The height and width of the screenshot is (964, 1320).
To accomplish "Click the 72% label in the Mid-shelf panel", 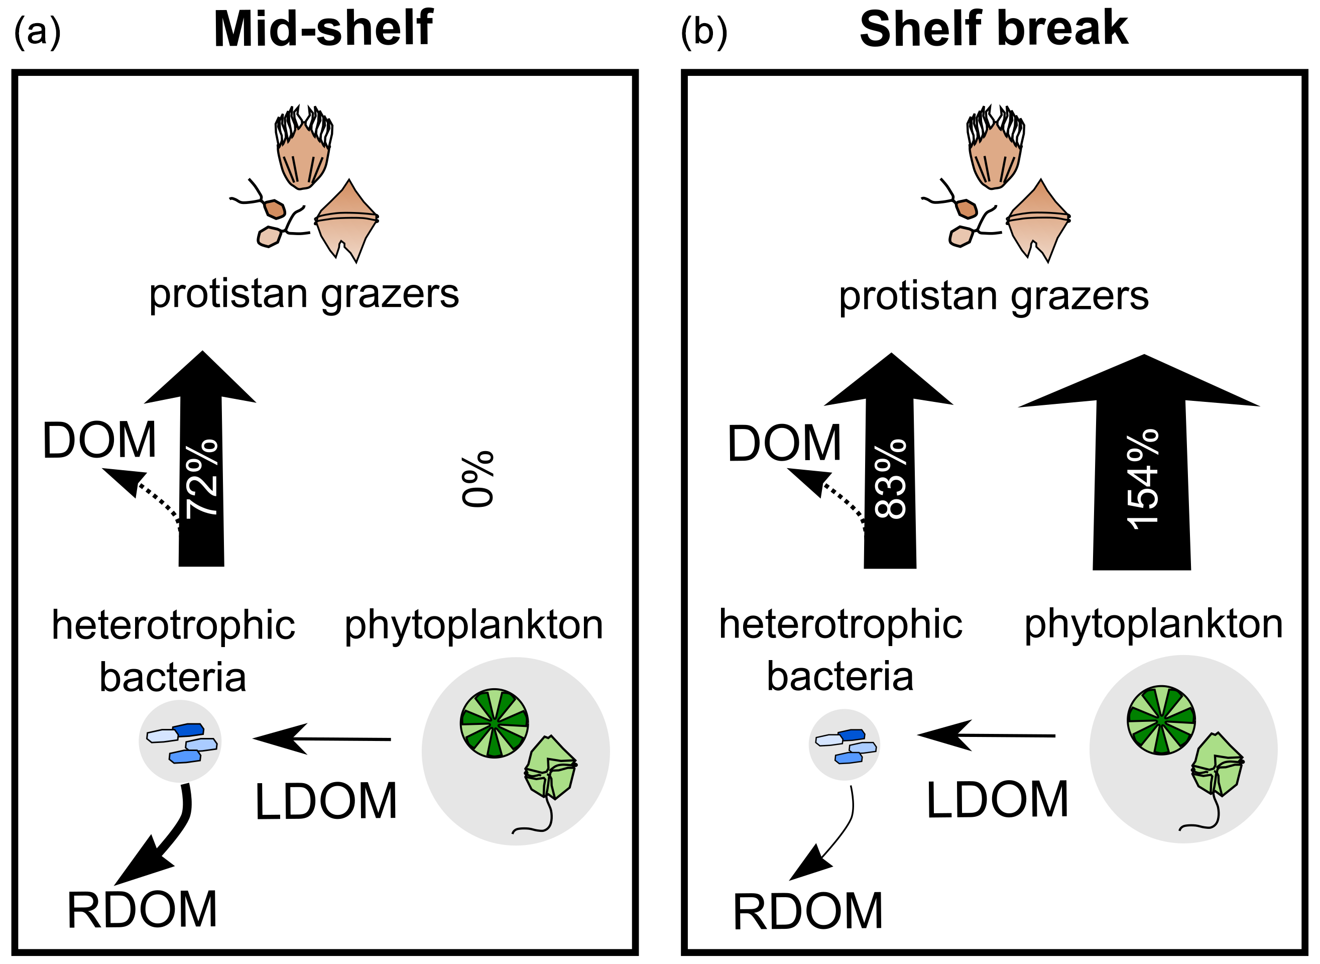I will pyautogui.click(x=202, y=479).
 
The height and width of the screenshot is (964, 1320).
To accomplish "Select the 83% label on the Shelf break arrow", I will pyautogui.click(x=891, y=479).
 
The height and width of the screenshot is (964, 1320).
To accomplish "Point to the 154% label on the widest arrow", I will pyautogui.click(x=1143, y=480).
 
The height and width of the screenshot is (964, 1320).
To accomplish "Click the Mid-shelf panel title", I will pyautogui.click(x=323, y=29).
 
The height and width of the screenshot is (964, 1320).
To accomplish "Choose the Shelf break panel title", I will pyautogui.click(x=994, y=29).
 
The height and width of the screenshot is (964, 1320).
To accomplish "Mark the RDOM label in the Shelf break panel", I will pyautogui.click(x=808, y=911).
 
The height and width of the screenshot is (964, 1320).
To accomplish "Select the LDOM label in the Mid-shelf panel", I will pyautogui.click(x=326, y=802).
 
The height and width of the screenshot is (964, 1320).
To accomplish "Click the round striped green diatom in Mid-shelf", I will pyautogui.click(x=494, y=723).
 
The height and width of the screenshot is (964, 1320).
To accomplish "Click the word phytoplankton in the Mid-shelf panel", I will pyautogui.click(x=473, y=626).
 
